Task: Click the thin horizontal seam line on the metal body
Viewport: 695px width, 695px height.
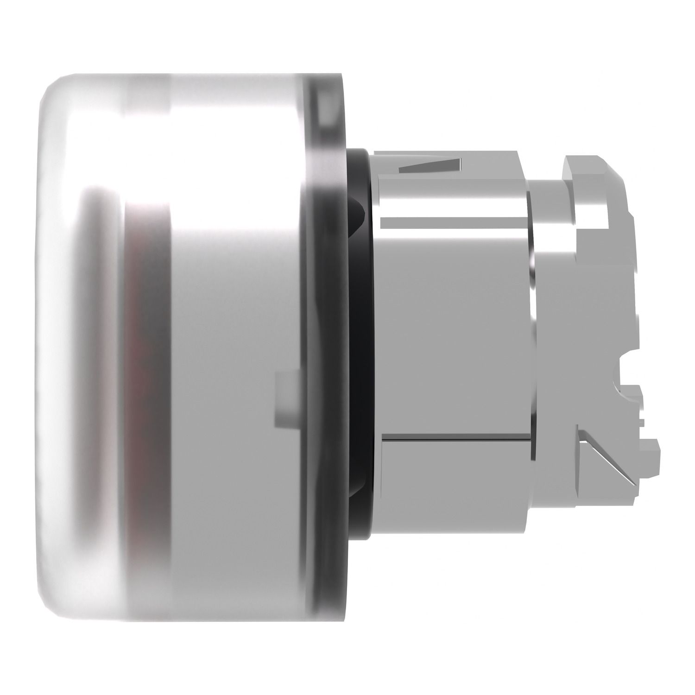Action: pyautogui.click(x=454, y=437)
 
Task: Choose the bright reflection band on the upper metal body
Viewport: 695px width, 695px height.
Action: pyautogui.click(x=454, y=195)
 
